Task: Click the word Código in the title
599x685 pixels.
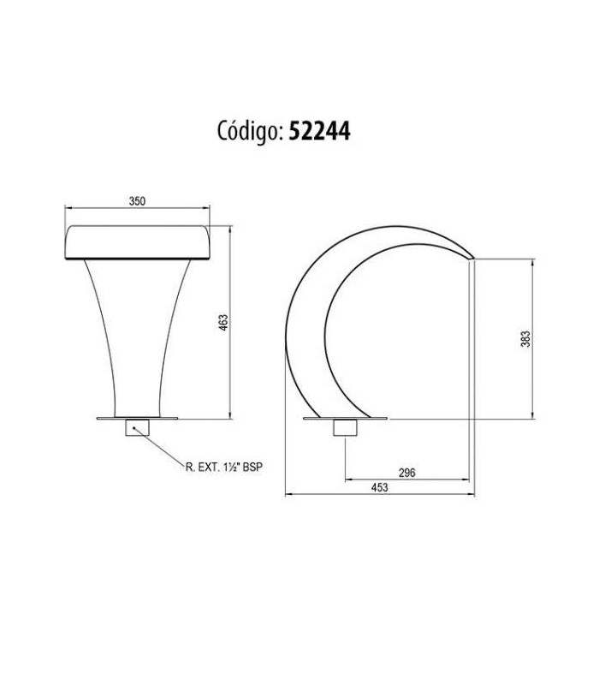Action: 248,131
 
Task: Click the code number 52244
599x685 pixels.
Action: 320,130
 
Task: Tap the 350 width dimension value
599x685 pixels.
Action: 137,201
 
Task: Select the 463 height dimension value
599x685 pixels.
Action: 223,323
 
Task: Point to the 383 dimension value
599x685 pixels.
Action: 526,338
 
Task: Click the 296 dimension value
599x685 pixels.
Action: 407,473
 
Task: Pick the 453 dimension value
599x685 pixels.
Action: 379,487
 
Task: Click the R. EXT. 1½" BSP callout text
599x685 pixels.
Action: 224,467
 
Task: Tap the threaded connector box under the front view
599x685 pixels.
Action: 138,427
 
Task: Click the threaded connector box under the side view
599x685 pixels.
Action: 346,427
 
